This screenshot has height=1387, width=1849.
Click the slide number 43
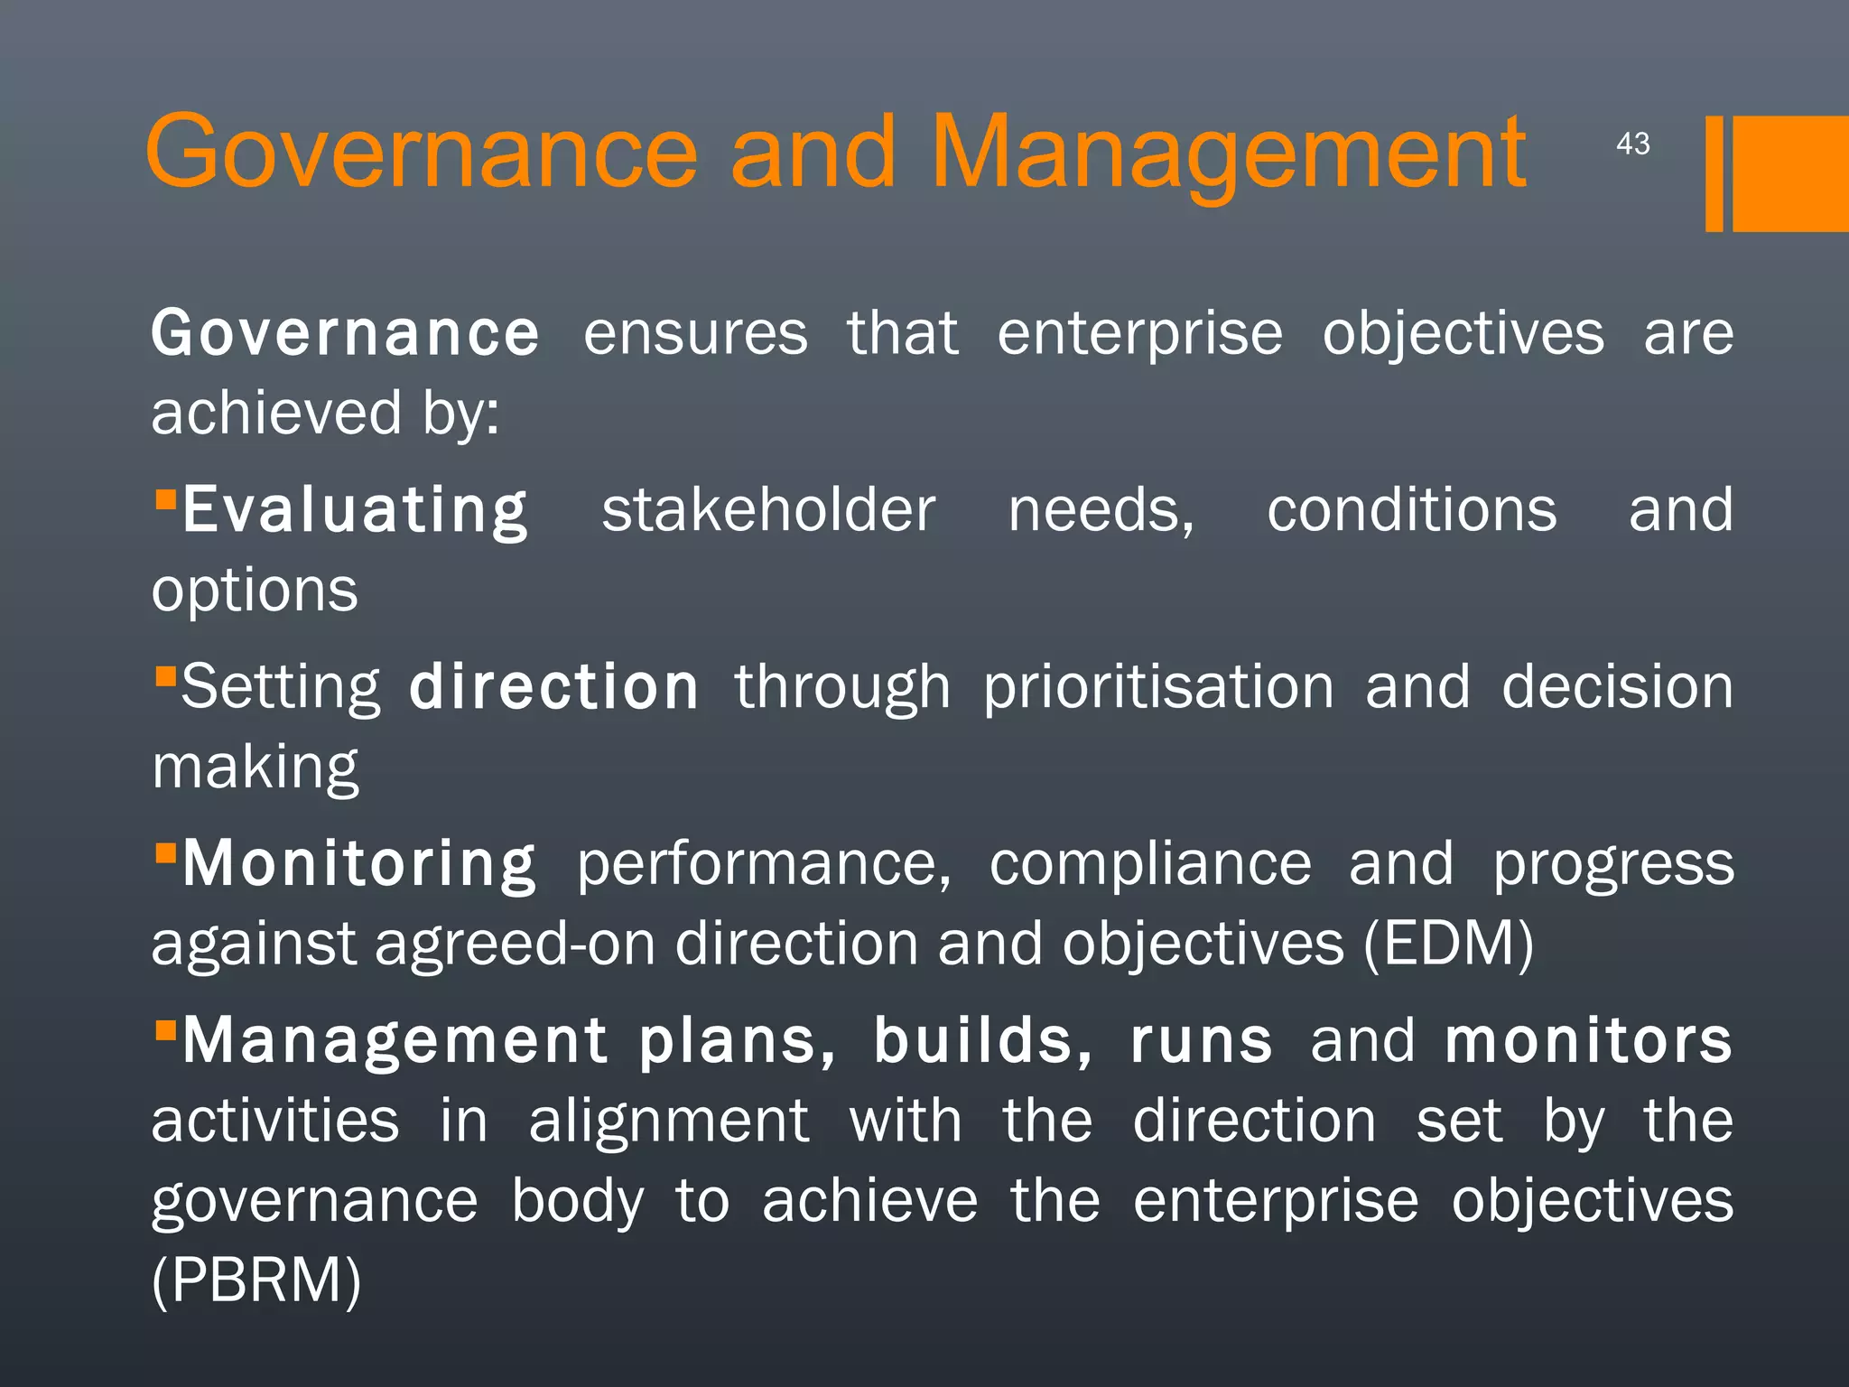[x=1632, y=144]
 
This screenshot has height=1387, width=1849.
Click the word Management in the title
[x=1228, y=154]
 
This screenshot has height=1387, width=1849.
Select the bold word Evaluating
[x=355, y=511]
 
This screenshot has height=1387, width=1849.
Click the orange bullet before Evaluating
[x=165, y=499]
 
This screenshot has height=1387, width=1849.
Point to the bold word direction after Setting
[x=553, y=687]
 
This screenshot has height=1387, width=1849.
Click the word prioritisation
[x=1158, y=688]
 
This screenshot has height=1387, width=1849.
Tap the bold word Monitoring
[x=359, y=864]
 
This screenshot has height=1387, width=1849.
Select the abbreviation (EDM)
[x=1448, y=944]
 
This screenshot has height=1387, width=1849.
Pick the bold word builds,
[x=983, y=1041]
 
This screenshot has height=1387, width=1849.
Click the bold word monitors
[x=1588, y=1041]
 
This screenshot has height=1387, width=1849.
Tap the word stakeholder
[x=768, y=510]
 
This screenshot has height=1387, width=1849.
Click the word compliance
[x=1150, y=864]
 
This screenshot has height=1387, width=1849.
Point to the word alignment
[x=669, y=1121]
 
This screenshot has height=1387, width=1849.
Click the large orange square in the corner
[x=1790, y=173]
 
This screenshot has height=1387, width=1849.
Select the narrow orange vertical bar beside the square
[x=1714, y=173]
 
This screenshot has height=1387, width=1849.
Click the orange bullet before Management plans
[x=165, y=1030]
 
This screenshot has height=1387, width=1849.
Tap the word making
[x=256, y=768]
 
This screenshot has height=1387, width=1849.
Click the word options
[x=255, y=591]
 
